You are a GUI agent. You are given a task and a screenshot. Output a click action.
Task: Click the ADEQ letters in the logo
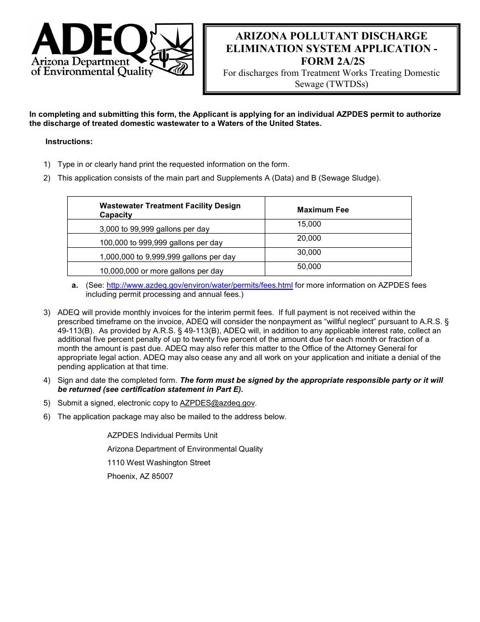[88, 40]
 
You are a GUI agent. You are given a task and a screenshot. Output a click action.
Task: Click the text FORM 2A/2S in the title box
[332, 61]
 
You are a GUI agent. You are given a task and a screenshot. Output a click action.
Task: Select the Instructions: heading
[69, 142]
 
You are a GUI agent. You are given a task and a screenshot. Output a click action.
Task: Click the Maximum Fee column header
[323, 210]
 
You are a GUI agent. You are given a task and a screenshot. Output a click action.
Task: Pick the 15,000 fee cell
[309, 224]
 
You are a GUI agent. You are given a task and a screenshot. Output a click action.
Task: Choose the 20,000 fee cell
[309, 238]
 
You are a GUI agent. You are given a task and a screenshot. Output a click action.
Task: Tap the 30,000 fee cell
[309, 252]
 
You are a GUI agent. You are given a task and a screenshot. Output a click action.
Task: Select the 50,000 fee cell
[309, 266]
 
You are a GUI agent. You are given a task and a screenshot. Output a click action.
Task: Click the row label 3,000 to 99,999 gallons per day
[155, 229]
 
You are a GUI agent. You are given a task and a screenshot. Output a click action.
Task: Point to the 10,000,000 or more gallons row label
[161, 271]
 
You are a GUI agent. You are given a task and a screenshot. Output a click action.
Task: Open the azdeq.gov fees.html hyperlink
[200, 285]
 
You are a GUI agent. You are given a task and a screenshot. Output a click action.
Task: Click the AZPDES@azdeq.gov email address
[217, 403]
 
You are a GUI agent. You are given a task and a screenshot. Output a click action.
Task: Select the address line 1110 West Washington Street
[159, 463]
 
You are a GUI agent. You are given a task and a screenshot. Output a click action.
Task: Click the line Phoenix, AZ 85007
[140, 476]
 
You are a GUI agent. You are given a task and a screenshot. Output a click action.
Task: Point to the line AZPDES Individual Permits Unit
[162, 435]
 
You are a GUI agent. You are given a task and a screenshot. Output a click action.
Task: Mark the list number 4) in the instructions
[47, 380]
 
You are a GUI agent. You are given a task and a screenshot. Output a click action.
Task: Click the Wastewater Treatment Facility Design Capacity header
[170, 210]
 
